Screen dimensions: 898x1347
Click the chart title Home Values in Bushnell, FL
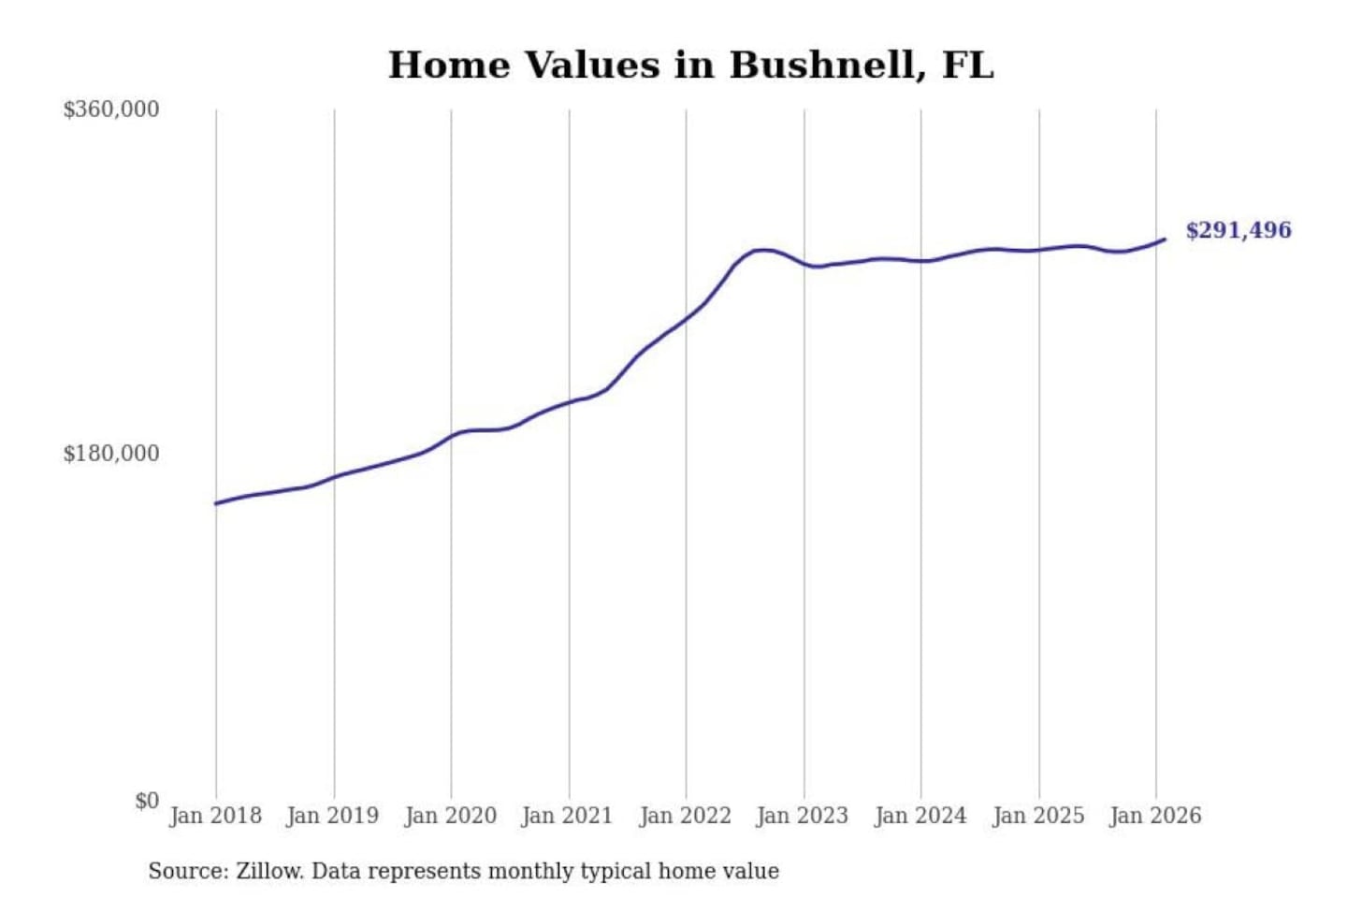[690, 65]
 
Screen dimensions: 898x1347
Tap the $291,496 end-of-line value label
[1238, 230]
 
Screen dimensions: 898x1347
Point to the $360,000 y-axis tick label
[111, 109]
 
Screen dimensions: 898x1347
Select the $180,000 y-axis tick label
[111, 454]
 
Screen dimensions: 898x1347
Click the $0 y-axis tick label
[147, 801]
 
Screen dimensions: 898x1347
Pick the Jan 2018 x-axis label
[215, 816]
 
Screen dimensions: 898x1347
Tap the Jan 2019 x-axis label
[332, 816]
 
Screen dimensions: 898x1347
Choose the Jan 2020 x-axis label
[450, 816]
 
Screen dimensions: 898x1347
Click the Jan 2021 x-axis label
[567, 816]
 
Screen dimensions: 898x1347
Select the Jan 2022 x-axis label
[685, 816]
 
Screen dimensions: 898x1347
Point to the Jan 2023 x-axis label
[802, 816]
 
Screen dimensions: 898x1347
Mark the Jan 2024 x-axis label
[920, 816]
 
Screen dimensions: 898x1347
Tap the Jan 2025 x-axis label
[1037, 816]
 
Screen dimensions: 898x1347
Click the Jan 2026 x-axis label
[1154, 816]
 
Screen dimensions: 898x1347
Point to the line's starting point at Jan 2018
[216, 503]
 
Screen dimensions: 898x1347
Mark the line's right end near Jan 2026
[1165, 239]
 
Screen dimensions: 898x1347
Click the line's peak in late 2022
[763, 250]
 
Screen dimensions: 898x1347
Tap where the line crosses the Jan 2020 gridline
[451, 435]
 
